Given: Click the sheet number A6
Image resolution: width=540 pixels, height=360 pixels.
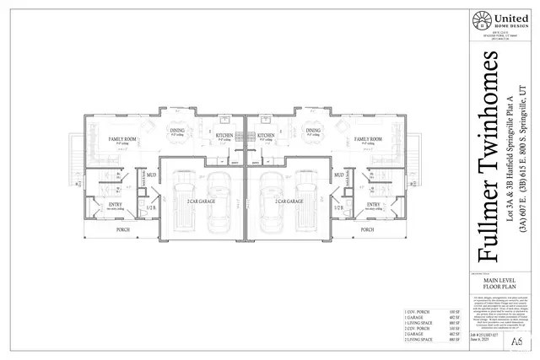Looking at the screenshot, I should tap(516, 339).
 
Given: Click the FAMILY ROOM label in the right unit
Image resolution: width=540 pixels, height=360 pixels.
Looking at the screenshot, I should tap(369, 138).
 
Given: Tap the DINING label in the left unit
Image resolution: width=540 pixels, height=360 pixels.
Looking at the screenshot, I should tap(178, 130).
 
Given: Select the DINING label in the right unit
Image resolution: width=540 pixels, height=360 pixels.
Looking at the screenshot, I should tap(313, 130).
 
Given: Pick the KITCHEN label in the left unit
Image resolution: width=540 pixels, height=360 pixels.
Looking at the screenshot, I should tap(224, 135).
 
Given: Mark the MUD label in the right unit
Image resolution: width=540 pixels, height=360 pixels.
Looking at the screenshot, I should tap(338, 175).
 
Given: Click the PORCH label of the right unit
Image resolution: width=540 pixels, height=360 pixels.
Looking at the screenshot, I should tap(368, 229).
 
